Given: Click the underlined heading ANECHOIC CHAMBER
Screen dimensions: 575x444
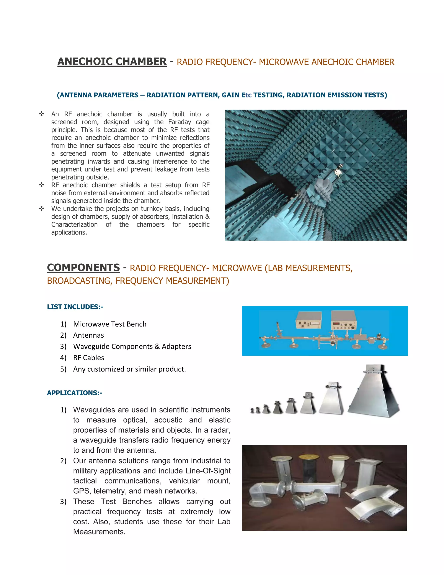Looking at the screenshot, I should point(112,61).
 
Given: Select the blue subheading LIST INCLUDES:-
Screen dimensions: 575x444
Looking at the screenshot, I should point(75,307).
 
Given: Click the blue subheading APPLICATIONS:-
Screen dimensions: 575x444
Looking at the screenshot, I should point(74,393).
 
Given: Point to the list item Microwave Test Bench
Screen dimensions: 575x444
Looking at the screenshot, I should point(110,324).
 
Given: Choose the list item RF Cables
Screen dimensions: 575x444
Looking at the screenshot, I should point(89,358).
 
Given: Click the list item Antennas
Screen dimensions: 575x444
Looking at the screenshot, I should point(88,335).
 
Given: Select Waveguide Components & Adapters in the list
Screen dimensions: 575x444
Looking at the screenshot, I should point(132,347).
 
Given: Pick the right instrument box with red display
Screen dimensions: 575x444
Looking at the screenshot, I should point(344,320).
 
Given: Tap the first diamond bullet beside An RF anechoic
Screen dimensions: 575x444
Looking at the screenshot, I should point(42,114).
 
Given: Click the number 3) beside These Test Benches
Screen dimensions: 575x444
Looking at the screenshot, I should point(63,501).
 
